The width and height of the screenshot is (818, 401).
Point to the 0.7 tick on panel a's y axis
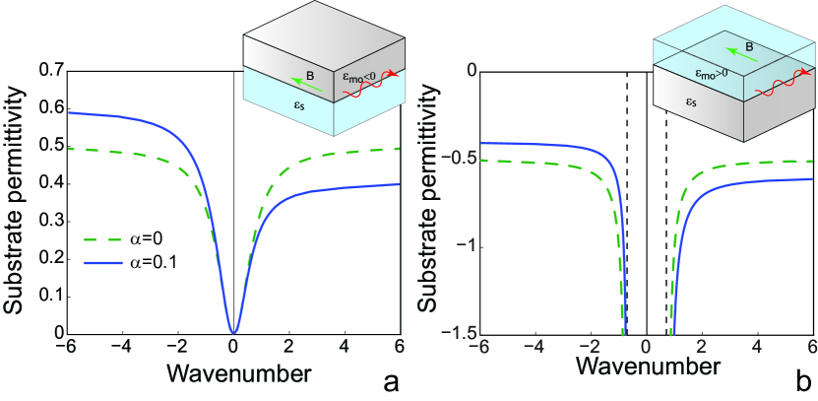(49, 70)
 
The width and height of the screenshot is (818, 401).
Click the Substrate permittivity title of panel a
(17, 199)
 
